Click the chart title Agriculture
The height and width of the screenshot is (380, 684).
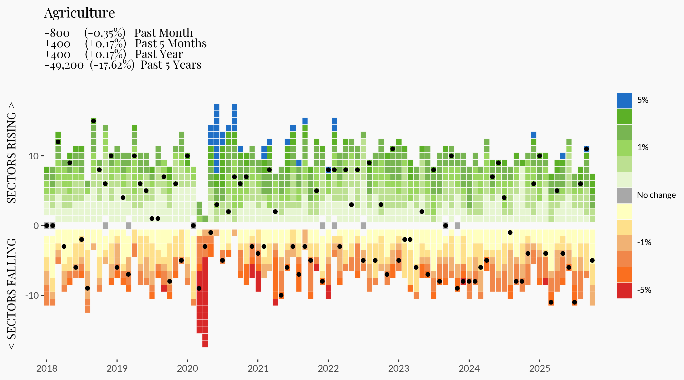(x=79, y=13)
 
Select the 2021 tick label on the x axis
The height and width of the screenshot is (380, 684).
(x=258, y=369)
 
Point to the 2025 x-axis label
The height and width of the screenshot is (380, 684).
(x=540, y=369)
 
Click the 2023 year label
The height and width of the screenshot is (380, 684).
(x=398, y=369)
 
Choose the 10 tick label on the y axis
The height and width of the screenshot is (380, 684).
(x=33, y=156)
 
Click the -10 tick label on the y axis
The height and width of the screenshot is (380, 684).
(x=32, y=295)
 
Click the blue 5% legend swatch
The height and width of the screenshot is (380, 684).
(x=624, y=101)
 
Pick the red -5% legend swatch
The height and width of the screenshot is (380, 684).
(x=624, y=291)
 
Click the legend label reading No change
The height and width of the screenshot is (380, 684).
(x=656, y=195)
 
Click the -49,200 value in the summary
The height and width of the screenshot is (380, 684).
(x=64, y=65)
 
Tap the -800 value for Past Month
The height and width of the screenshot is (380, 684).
(x=57, y=33)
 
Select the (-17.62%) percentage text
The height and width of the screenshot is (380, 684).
(x=112, y=65)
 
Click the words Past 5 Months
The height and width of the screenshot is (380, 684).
(x=171, y=44)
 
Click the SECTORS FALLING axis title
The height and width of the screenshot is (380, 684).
(x=12, y=294)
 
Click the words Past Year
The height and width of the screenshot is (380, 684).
(x=159, y=54)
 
